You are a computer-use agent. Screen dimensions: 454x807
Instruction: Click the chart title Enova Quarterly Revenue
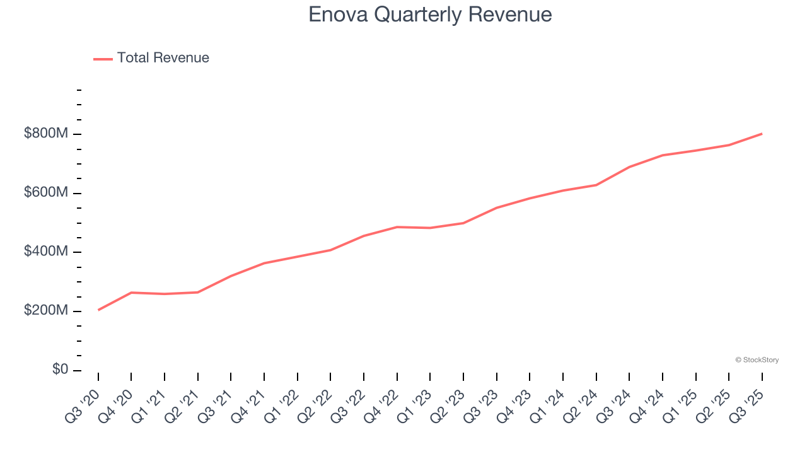coord(430,15)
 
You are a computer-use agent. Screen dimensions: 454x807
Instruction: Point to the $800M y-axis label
coord(46,134)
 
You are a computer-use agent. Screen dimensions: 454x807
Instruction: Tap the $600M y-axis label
coord(46,192)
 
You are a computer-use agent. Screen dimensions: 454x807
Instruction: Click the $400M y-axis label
coord(46,252)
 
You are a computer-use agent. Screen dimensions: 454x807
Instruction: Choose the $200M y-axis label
coord(46,311)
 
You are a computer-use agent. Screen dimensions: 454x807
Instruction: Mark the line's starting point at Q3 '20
coord(98,310)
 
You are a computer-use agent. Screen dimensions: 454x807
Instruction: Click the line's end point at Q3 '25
coord(762,134)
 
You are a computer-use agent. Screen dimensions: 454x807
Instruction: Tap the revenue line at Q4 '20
coord(131,293)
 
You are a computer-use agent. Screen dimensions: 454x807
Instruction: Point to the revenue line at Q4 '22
coord(397,227)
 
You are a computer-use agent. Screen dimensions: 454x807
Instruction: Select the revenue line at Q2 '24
coord(596,185)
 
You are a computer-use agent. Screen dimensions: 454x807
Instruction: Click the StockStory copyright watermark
coord(757,360)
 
